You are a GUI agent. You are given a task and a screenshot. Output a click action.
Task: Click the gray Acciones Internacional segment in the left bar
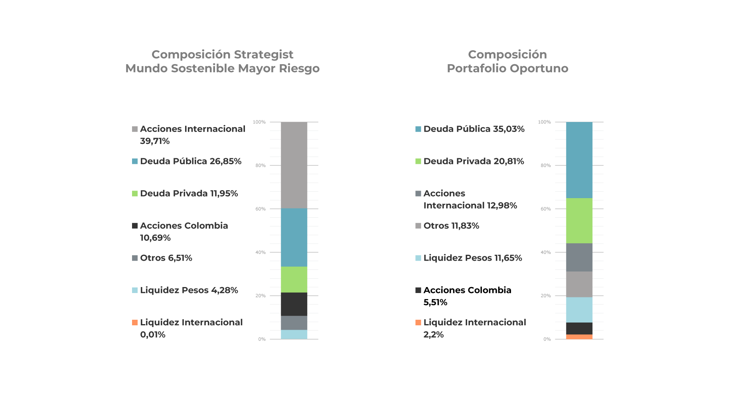(x=294, y=165)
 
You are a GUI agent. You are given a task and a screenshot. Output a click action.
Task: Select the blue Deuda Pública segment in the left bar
(x=294, y=238)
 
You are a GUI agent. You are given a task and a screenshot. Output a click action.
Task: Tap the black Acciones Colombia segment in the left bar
(x=294, y=304)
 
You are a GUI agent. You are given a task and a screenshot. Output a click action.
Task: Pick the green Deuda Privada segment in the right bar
(x=579, y=221)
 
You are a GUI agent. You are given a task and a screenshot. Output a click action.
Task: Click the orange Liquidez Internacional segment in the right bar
(x=579, y=337)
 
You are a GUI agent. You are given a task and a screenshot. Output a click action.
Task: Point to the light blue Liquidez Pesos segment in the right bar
(x=579, y=310)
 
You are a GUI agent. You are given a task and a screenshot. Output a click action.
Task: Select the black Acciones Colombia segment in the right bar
(x=579, y=329)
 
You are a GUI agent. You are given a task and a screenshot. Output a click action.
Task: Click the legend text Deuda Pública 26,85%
(x=191, y=161)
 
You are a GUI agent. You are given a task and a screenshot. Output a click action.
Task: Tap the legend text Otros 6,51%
(x=166, y=258)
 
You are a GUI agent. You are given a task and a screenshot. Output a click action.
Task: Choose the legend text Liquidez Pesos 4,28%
(x=189, y=290)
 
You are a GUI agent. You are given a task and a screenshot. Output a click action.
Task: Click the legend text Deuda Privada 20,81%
(x=474, y=161)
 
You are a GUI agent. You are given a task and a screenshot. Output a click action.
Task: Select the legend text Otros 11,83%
(x=451, y=226)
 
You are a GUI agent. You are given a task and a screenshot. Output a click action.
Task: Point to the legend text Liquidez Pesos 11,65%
(x=473, y=258)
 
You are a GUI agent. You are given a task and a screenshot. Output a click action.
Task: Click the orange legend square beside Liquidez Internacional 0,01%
(x=135, y=323)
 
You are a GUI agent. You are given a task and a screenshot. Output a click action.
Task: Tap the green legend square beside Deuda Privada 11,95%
(x=135, y=194)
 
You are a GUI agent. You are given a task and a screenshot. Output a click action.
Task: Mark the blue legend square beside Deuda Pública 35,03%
(x=418, y=129)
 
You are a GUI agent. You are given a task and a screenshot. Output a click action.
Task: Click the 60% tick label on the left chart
(x=260, y=209)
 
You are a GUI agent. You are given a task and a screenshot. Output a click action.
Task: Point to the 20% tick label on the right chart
(x=545, y=296)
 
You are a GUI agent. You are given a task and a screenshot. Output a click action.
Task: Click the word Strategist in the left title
(x=263, y=55)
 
